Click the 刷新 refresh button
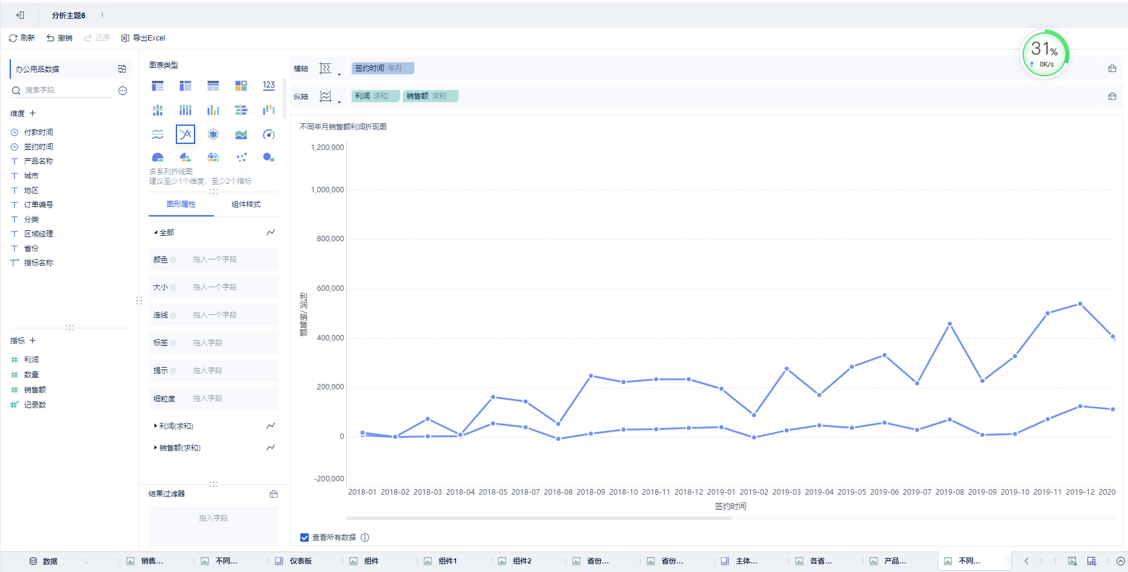tap(22, 38)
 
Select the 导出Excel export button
tap(143, 38)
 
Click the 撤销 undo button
tap(59, 38)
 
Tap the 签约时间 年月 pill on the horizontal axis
tap(382, 68)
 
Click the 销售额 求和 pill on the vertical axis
tap(430, 96)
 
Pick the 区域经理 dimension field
tap(38, 234)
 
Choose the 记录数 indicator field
tap(34, 405)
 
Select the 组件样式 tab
tap(246, 204)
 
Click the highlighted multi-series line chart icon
tap(185, 134)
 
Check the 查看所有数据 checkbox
tap(305, 538)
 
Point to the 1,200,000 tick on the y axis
tap(327, 148)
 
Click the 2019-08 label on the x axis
tap(950, 492)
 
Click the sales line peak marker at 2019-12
tap(1080, 304)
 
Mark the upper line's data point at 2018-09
tap(591, 376)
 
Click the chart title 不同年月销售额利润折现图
tap(343, 127)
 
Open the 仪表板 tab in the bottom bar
tap(300, 561)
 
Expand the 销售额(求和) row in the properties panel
tap(179, 448)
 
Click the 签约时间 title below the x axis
tap(730, 507)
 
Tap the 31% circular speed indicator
tap(1045, 54)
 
